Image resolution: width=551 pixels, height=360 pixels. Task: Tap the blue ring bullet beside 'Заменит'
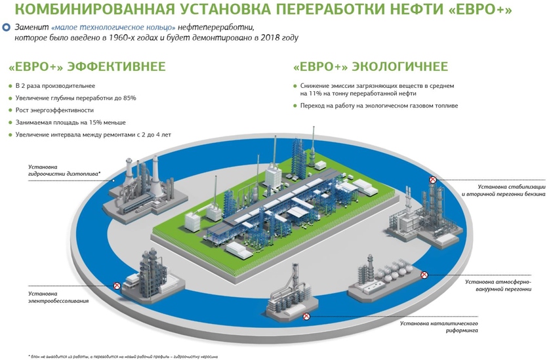[7, 28]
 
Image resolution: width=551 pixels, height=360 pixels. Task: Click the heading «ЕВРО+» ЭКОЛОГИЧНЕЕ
[371, 67]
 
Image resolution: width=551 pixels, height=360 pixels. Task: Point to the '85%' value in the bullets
[129, 98]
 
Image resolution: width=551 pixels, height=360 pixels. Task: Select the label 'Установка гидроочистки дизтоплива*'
[64, 170]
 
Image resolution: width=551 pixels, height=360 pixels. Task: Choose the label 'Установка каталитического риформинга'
[438, 327]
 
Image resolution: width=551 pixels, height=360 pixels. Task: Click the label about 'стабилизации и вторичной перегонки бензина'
[503, 191]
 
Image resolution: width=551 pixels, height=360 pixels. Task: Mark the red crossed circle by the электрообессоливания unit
[117, 286]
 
